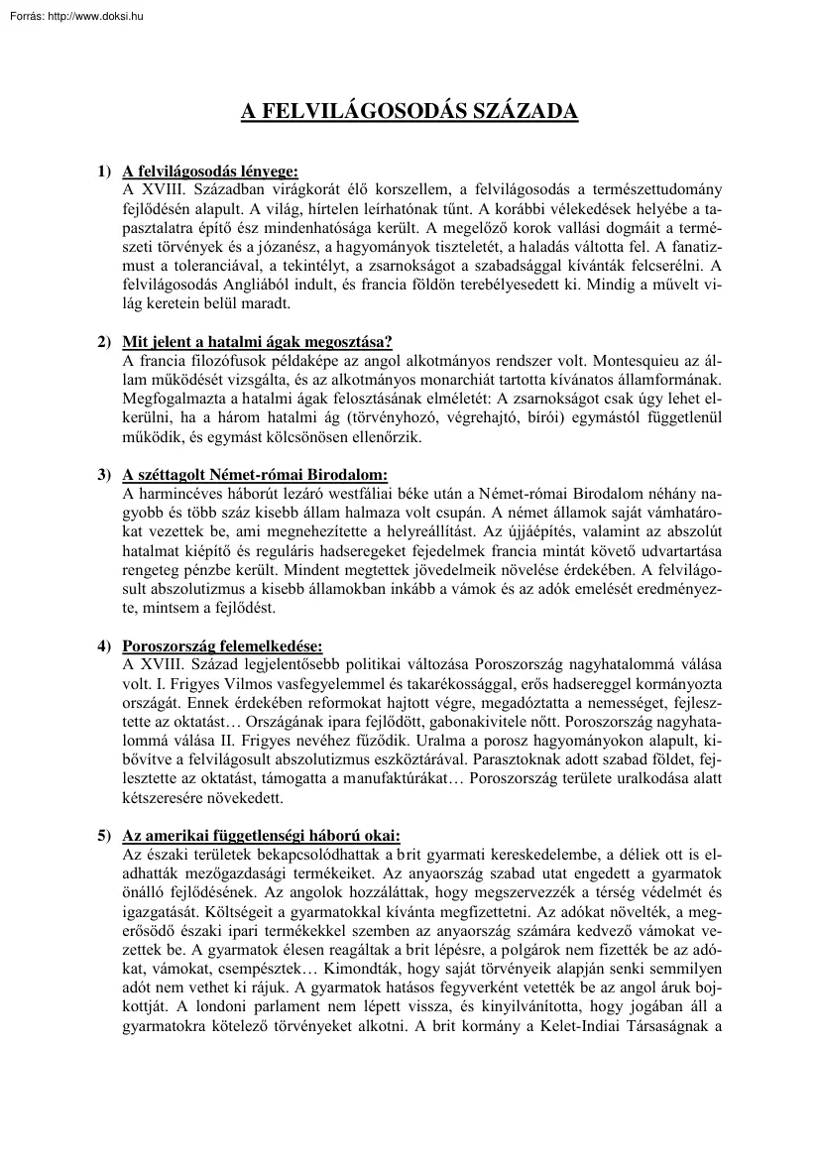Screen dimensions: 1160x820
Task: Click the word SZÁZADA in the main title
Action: coord(526,111)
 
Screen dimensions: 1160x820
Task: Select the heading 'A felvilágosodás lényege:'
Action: coord(209,171)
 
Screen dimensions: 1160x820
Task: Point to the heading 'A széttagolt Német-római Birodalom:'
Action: coord(255,475)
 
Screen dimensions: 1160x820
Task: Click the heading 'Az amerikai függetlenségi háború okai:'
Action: coord(261,835)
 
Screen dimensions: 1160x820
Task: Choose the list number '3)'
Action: coord(104,475)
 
